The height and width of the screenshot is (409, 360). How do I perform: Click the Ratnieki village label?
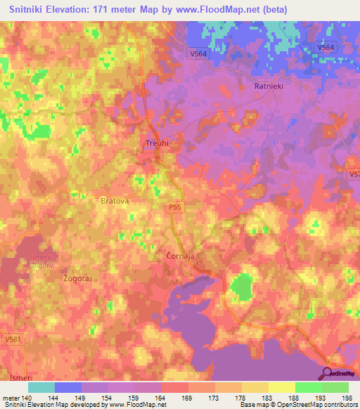[x=268, y=86]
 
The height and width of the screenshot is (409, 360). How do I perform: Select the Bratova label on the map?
[x=114, y=200]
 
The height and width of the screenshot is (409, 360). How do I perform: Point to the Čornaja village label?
[x=180, y=257]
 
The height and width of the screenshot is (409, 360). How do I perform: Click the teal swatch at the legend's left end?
[x=41, y=387]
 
